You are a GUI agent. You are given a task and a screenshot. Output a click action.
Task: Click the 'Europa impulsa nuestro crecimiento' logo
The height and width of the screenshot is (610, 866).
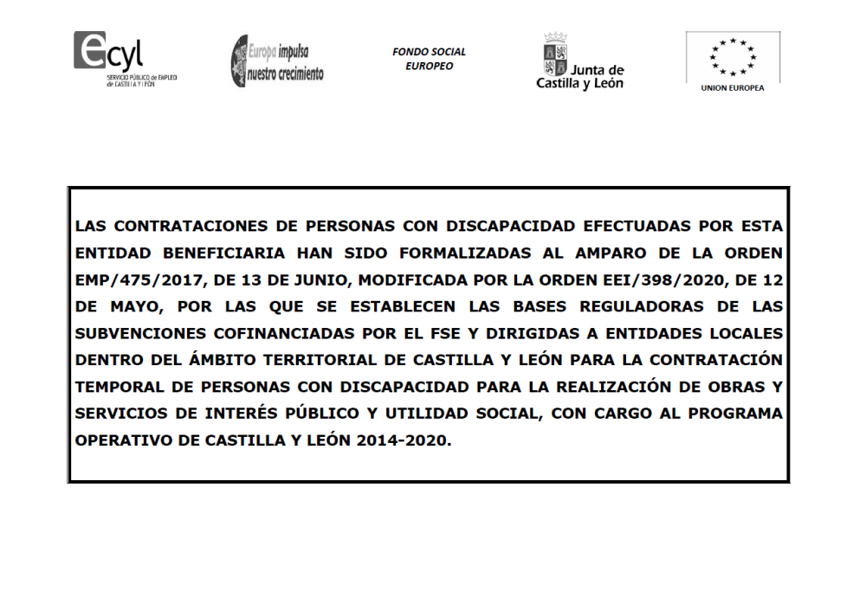[x=276, y=61]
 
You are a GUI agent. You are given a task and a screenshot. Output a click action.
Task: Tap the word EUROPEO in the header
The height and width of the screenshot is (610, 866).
[x=429, y=66]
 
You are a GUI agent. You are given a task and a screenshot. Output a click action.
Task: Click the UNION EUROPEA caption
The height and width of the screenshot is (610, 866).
[x=733, y=88]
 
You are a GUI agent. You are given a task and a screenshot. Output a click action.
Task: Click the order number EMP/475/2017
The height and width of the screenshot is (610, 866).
[x=131, y=280]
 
